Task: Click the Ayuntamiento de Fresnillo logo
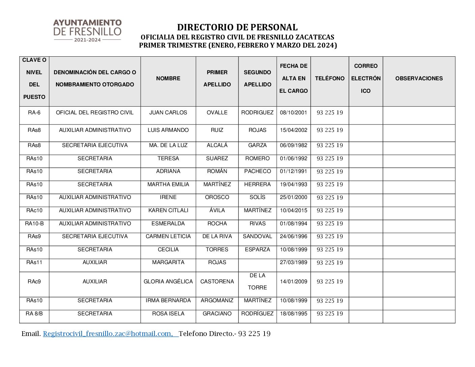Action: click(x=87, y=30)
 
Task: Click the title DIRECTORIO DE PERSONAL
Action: click(x=237, y=27)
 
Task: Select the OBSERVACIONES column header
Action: click(x=419, y=78)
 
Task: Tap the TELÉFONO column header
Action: click(x=330, y=78)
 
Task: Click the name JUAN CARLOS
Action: click(x=168, y=113)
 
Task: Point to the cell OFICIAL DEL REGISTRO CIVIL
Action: click(x=95, y=113)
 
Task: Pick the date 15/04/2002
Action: click(x=294, y=130)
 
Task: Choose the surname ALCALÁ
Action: click(x=217, y=145)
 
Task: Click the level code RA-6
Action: click(x=34, y=113)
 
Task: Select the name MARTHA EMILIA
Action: click(x=168, y=185)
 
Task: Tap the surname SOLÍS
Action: click(x=257, y=197)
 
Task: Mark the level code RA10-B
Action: click(x=34, y=224)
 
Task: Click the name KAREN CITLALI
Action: click(x=168, y=210)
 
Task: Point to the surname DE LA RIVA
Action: click(x=217, y=236)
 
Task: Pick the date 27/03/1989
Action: click(x=294, y=262)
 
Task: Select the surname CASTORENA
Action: click(x=217, y=282)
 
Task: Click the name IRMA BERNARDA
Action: click(x=168, y=301)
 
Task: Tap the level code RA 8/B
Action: click(x=34, y=314)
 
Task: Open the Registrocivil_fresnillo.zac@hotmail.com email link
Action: click(x=108, y=334)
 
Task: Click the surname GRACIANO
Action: click(x=217, y=314)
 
